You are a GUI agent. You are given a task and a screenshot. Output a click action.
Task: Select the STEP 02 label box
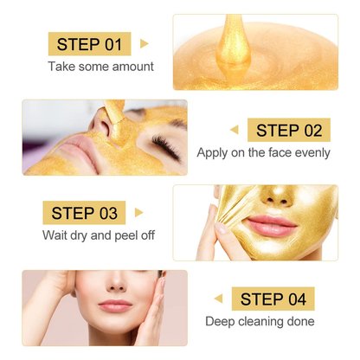[288, 130]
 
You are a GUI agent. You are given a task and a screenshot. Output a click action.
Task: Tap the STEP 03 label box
[83, 213]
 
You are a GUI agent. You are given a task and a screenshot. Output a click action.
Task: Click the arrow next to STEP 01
[144, 43]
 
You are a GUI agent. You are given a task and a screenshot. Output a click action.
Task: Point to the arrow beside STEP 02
[235, 130]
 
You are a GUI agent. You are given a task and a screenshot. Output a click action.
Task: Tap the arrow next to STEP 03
[138, 213]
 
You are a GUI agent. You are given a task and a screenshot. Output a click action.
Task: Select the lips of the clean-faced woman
[113, 305]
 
